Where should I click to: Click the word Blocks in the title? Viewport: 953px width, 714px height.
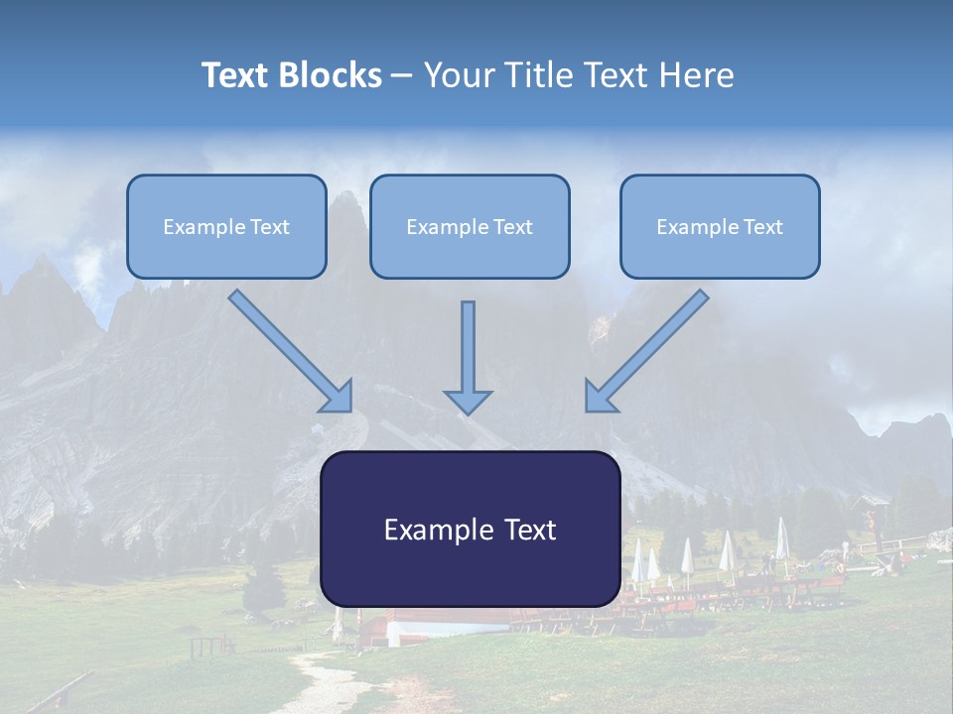pyautogui.click(x=333, y=75)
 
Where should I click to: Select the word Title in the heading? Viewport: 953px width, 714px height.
pyautogui.click(x=540, y=75)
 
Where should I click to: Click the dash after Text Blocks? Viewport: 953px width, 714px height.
pyautogui.click(x=402, y=76)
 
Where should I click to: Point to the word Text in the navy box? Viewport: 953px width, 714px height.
pyautogui.click(x=529, y=530)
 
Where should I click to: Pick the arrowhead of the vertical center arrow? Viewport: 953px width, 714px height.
pyautogui.click(x=468, y=402)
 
